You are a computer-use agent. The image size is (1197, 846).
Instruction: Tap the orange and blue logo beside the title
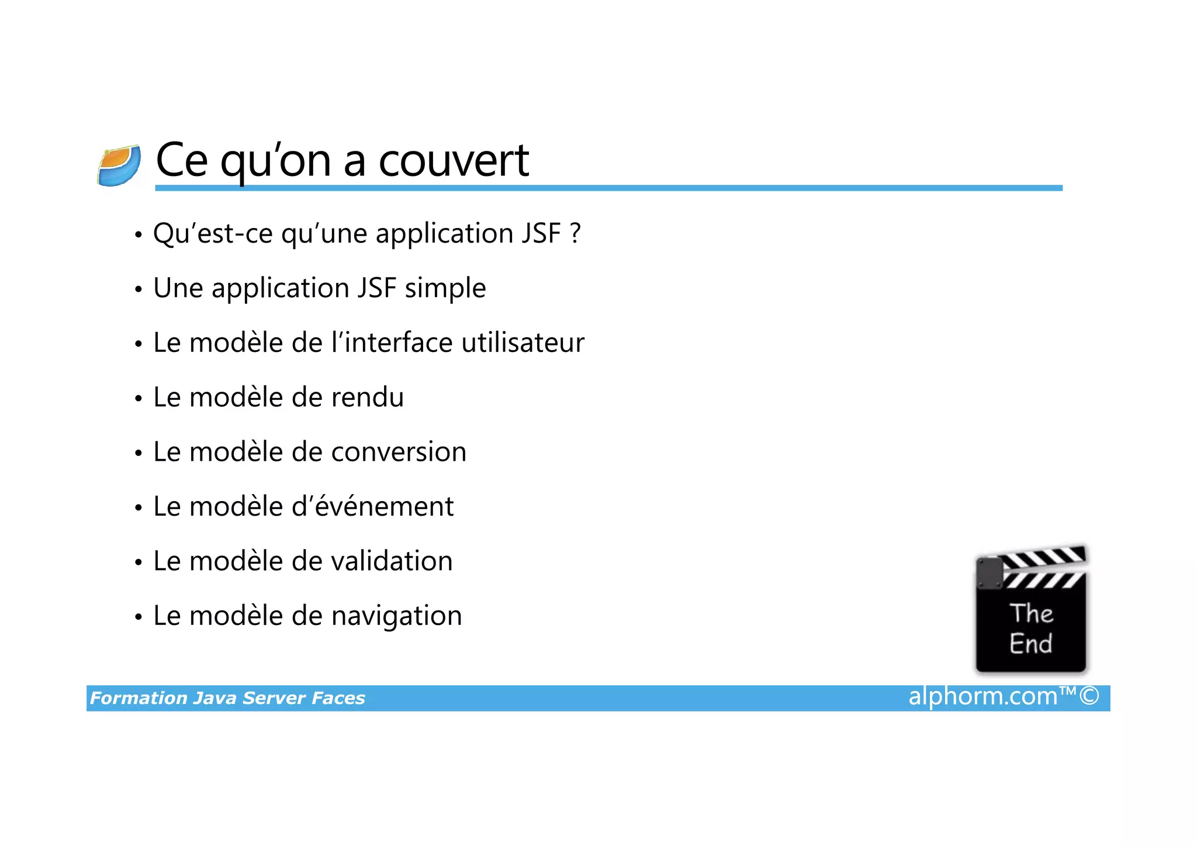(x=119, y=166)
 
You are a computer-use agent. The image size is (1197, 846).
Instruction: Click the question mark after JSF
(x=575, y=233)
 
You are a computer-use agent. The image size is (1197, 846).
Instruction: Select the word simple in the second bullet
(x=445, y=288)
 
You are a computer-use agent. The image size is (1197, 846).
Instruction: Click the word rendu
(x=368, y=398)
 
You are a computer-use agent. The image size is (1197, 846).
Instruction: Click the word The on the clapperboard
(x=1031, y=613)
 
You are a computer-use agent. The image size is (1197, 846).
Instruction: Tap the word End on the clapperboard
(x=1030, y=644)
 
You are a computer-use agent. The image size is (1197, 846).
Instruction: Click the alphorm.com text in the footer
(x=982, y=696)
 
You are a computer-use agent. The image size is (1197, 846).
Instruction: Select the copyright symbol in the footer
(x=1089, y=696)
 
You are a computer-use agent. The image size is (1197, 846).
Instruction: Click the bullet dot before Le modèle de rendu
(x=139, y=399)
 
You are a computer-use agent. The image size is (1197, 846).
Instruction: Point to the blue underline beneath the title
(x=608, y=188)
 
